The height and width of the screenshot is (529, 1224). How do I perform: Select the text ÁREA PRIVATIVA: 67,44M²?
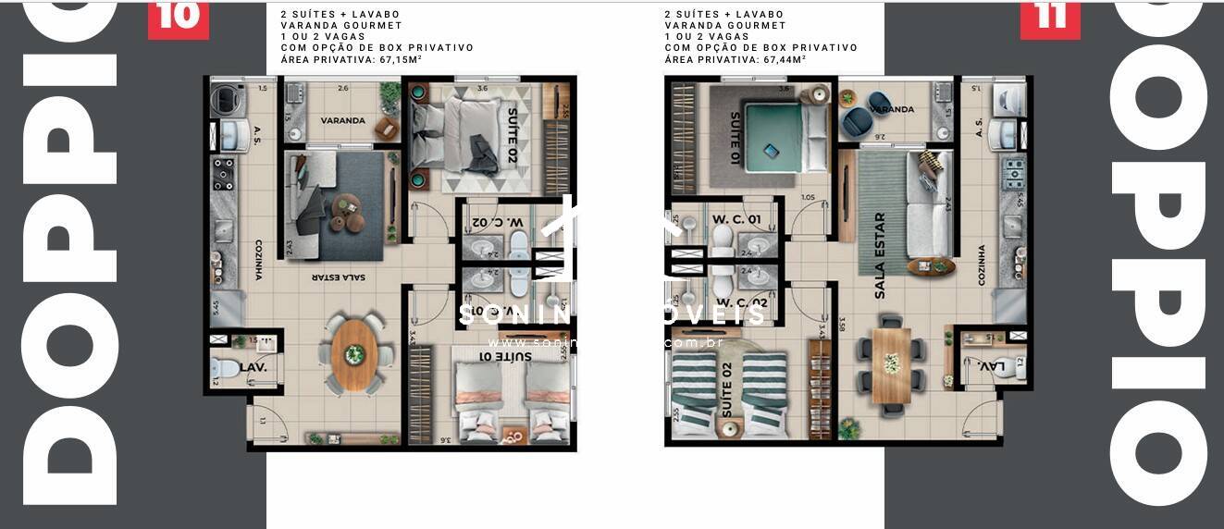735,59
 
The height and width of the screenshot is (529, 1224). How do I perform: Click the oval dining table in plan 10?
354,353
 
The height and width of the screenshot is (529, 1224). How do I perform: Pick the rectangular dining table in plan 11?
891,364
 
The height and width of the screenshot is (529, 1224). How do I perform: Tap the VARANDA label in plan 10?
342,121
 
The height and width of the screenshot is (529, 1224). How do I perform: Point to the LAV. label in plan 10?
253,367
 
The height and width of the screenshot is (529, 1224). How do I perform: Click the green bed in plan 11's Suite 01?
776,139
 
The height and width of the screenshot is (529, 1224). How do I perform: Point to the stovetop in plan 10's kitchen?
224,173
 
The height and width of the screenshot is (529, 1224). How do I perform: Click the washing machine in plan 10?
225,101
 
